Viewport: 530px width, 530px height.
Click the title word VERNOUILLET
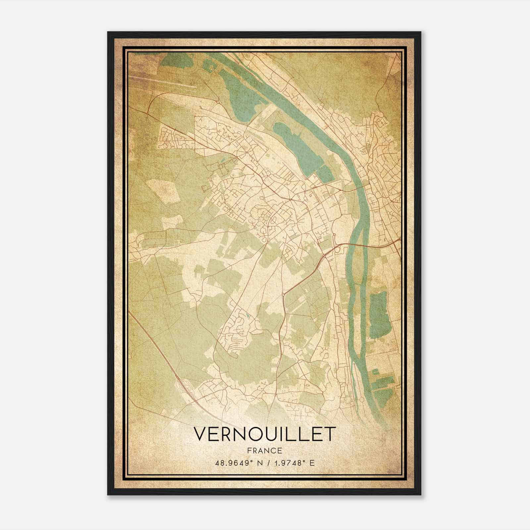(264, 434)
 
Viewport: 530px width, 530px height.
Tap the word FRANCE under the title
(264, 451)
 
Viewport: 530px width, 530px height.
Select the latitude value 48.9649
(232, 463)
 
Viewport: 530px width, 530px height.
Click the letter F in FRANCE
(249, 451)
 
